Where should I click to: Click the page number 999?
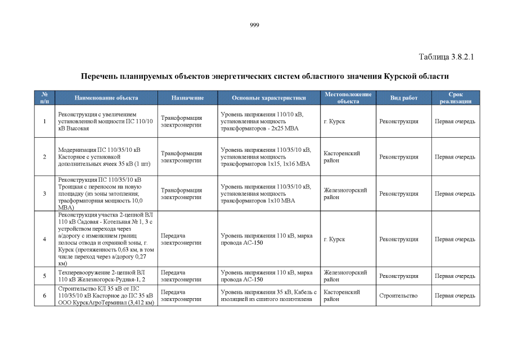[x=254, y=25]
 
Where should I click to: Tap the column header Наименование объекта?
[x=106, y=98]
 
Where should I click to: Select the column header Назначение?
[x=187, y=98]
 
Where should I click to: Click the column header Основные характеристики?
[x=268, y=98]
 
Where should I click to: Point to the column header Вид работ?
[x=404, y=98]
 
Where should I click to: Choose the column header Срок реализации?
[x=456, y=98]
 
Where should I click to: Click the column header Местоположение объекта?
[x=348, y=98]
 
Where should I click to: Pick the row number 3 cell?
[x=44, y=193]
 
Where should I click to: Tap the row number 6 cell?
[x=44, y=295]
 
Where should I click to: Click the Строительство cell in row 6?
[x=398, y=295]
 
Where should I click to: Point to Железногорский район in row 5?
[x=345, y=276]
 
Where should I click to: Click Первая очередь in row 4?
[x=456, y=239]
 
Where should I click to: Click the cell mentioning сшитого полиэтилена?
[x=268, y=295]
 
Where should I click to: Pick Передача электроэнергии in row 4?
[x=181, y=239]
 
